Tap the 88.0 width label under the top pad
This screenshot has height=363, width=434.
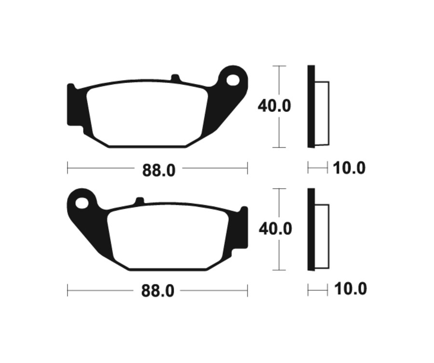(x=158, y=170)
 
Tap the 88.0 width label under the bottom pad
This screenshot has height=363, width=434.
(x=158, y=291)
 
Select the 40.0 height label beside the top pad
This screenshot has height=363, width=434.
(x=274, y=106)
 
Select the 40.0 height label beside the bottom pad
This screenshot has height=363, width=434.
(x=275, y=228)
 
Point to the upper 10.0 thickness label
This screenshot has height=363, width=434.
(x=349, y=168)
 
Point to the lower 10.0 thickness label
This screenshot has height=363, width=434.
(x=350, y=290)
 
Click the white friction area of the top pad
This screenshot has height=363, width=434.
(x=147, y=116)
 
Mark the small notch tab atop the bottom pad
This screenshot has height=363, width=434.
(x=139, y=201)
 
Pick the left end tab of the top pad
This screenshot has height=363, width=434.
(x=71, y=105)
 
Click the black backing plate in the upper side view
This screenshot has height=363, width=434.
(x=311, y=106)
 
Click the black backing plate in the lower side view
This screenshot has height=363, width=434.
(x=311, y=229)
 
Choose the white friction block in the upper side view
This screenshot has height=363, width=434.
(x=322, y=113)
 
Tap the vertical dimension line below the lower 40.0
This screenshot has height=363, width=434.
(x=279, y=256)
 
